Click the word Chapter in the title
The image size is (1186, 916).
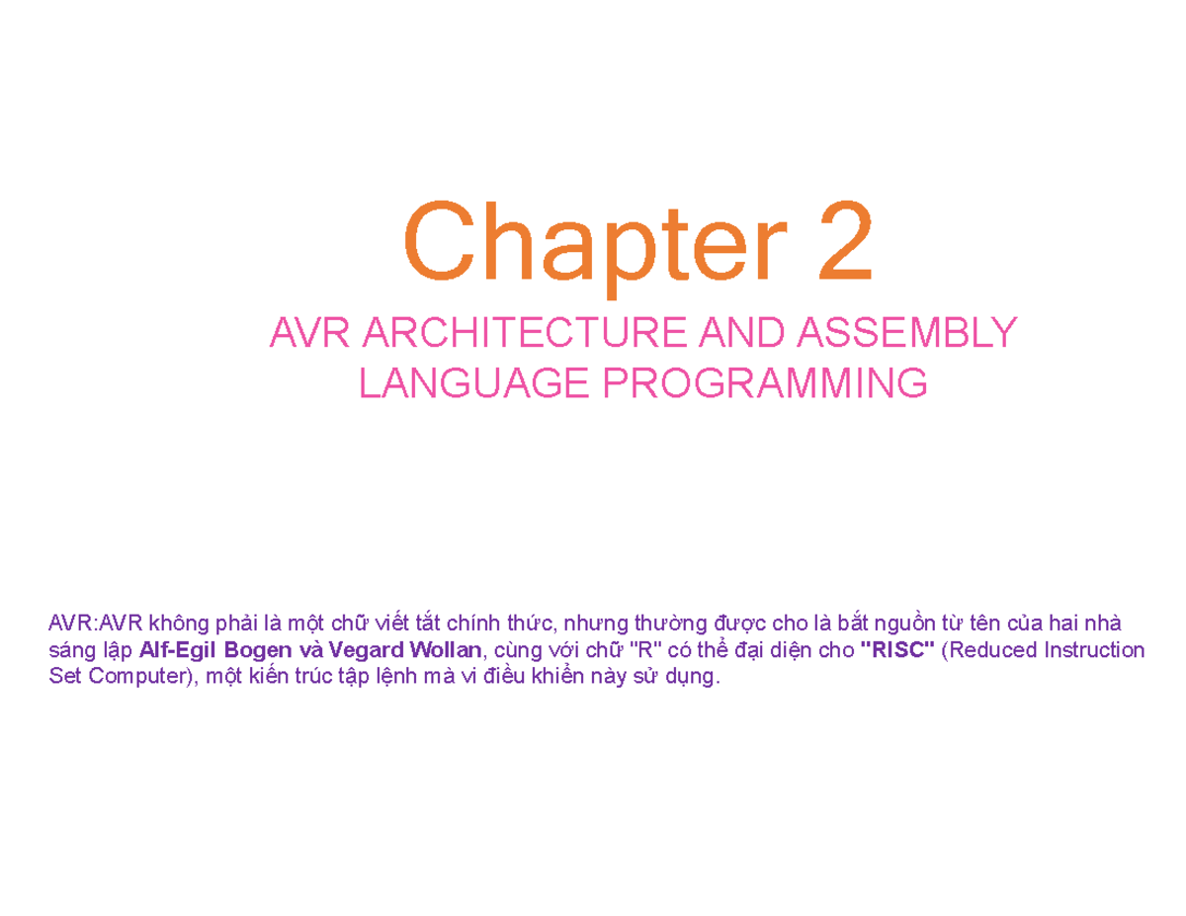coord(595,248)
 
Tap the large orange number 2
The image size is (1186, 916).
coord(845,240)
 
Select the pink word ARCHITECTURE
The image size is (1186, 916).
coord(525,332)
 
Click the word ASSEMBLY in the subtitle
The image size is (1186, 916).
coord(907,332)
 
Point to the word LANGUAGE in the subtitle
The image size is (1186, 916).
coord(474,382)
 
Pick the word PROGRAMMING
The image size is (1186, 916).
coord(765,382)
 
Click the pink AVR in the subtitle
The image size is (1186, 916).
coord(309,332)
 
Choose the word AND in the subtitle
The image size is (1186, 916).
coord(741,332)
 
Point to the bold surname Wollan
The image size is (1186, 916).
coord(446,650)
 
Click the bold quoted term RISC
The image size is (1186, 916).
coord(897,650)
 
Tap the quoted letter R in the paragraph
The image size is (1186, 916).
coord(645,650)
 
